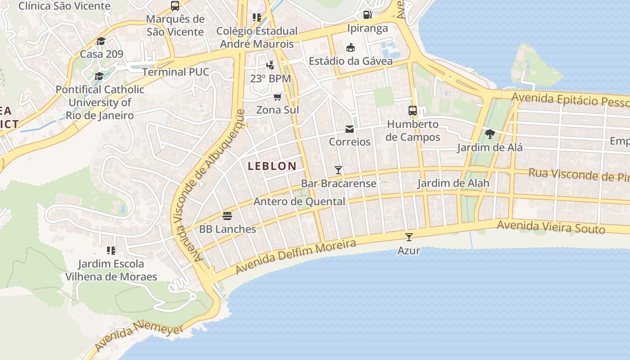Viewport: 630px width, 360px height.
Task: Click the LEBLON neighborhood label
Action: [x=272, y=166]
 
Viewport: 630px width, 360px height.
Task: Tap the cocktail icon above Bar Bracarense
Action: [x=338, y=170]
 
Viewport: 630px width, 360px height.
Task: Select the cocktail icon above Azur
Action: [x=409, y=237]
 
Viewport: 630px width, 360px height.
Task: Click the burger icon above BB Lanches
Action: [x=227, y=216]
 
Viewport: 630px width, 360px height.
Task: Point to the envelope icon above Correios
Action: [x=350, y=130]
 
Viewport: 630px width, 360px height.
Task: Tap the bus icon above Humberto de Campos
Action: [x=412, y=110]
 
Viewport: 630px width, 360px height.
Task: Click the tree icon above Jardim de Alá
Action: [x=490, y=134]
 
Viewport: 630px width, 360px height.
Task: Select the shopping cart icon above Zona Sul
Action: [x=278, y=97]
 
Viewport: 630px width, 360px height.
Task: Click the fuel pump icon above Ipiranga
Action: [x=367, y=14]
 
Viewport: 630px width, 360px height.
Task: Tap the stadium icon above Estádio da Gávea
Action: [x=350, y=47]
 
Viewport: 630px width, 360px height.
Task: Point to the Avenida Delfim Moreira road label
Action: [x=296, y=257]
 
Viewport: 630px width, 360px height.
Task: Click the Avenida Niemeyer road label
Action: [x=139, y=335]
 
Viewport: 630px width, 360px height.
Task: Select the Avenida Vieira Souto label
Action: [x=551, y=227]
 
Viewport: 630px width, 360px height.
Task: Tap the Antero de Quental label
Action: [x=299, y=202]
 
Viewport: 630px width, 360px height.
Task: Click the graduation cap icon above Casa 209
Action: [x=101, y=41]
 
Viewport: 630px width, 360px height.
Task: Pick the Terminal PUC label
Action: [x=175, y=72]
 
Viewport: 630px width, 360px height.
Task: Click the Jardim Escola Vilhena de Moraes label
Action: [x=111, y=270]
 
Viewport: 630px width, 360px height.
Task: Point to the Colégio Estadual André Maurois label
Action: [x=257, y=37]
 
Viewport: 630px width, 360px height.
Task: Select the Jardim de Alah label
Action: [x=453, y=183]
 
